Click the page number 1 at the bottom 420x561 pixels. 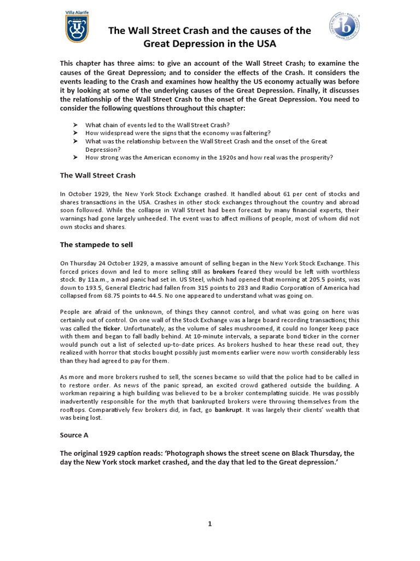[209, 524]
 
